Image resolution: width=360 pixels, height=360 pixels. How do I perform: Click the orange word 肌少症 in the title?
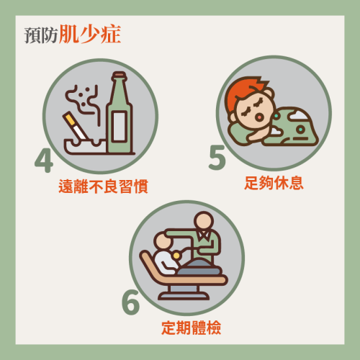point(90,34)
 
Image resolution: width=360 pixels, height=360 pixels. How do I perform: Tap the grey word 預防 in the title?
point(41,35)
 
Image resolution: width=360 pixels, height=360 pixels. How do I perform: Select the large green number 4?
point(44,161)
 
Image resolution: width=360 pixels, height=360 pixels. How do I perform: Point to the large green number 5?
point(217,158)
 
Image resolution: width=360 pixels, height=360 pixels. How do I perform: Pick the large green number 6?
point(130,302)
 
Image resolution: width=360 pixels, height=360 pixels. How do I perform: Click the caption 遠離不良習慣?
point(103,186)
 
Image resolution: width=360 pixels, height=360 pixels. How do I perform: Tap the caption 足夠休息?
point(274,183)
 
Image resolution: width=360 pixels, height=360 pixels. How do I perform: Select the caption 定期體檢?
point(191,328)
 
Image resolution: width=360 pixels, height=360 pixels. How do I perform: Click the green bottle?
point(120,113)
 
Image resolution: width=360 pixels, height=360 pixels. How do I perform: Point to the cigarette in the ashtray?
point(75,126)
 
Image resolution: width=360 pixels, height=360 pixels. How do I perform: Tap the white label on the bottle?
point(120,126)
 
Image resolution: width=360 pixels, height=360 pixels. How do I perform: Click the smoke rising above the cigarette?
point(83,101)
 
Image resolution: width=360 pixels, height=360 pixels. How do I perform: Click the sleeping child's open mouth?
point(259,117)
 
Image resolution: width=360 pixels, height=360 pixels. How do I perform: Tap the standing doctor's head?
point(204,221)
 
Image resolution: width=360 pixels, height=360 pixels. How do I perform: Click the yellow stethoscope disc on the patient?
point(176,256)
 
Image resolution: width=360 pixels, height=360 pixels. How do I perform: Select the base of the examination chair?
point(184,293)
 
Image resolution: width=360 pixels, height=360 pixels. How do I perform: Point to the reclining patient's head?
point(163,240)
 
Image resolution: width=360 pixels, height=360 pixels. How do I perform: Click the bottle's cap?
point(120,76)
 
